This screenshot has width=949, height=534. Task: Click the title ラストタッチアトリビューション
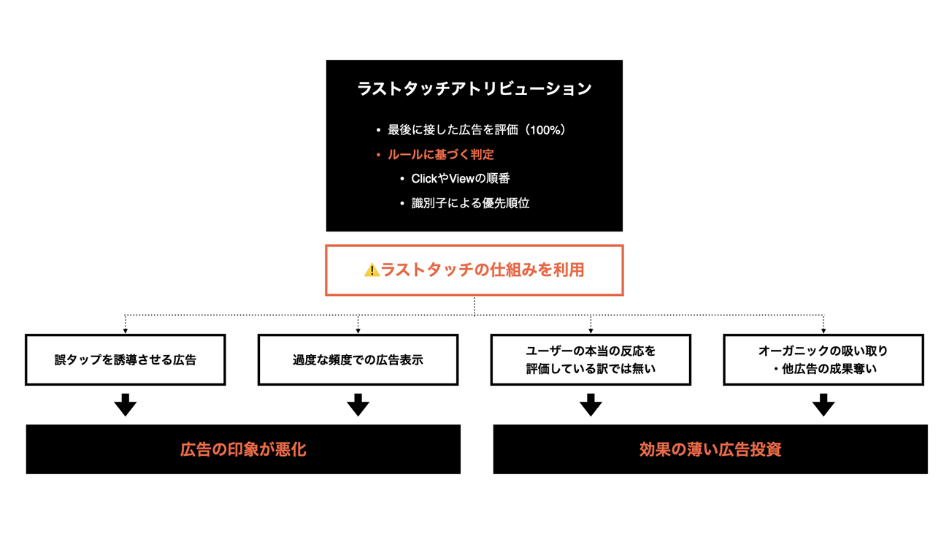click(x=474, y=89)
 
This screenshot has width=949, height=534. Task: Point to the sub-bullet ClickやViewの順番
click(x=460, y=178)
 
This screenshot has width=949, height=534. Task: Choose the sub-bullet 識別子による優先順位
click(x=470, y=203)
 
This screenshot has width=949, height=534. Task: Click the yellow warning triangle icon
click(x=372, y=270)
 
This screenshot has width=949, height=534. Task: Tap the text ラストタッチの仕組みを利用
click(x=483, y=270)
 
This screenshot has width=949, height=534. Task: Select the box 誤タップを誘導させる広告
click(x=126, y=360)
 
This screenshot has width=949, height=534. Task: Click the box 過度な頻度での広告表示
click(x=358, y=360)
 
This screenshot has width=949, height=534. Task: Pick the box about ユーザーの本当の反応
click(x=591, y=360)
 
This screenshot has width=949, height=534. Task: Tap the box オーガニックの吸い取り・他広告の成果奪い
click(x=823, y=360)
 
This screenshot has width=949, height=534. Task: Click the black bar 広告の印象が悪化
click(x=243, y=449)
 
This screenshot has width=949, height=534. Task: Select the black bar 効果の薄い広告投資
click(x=710, y=449)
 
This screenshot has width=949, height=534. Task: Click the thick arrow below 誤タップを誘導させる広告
click(x=126, y=405)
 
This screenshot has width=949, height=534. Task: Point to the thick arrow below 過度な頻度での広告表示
click(x=358, y=405)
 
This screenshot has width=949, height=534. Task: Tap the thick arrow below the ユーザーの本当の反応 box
click(x=591, y=405)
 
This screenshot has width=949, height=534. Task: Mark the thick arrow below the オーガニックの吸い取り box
click(x=823, y=405)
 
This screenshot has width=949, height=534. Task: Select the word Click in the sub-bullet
click(x=424, y=178)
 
